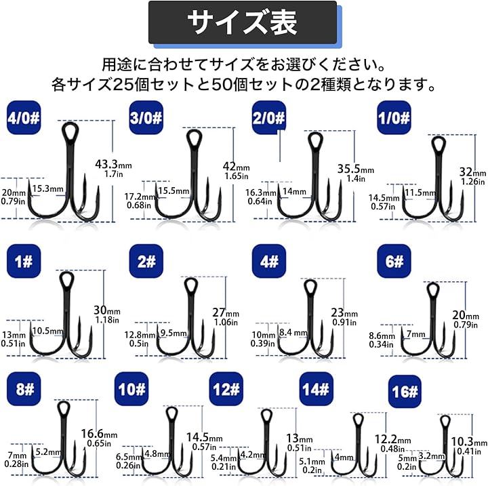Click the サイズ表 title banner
coord(243,22)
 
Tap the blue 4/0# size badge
coord(24,118)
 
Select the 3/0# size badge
coord(146,118)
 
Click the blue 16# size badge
coord(405,391)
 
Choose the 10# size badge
coord(131,389)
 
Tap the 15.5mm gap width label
coord(174,190)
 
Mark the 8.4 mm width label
coord(293,333)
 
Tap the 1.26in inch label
coord(473,181)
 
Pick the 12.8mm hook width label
coord(140,335)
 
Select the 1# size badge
coord(24,261)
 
